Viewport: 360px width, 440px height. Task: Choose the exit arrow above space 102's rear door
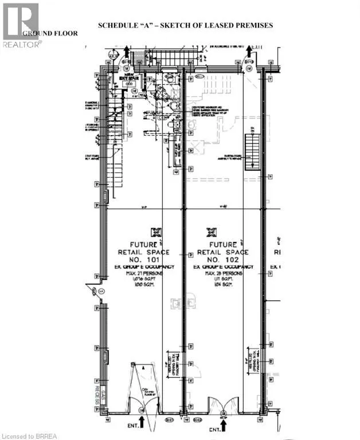249,53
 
